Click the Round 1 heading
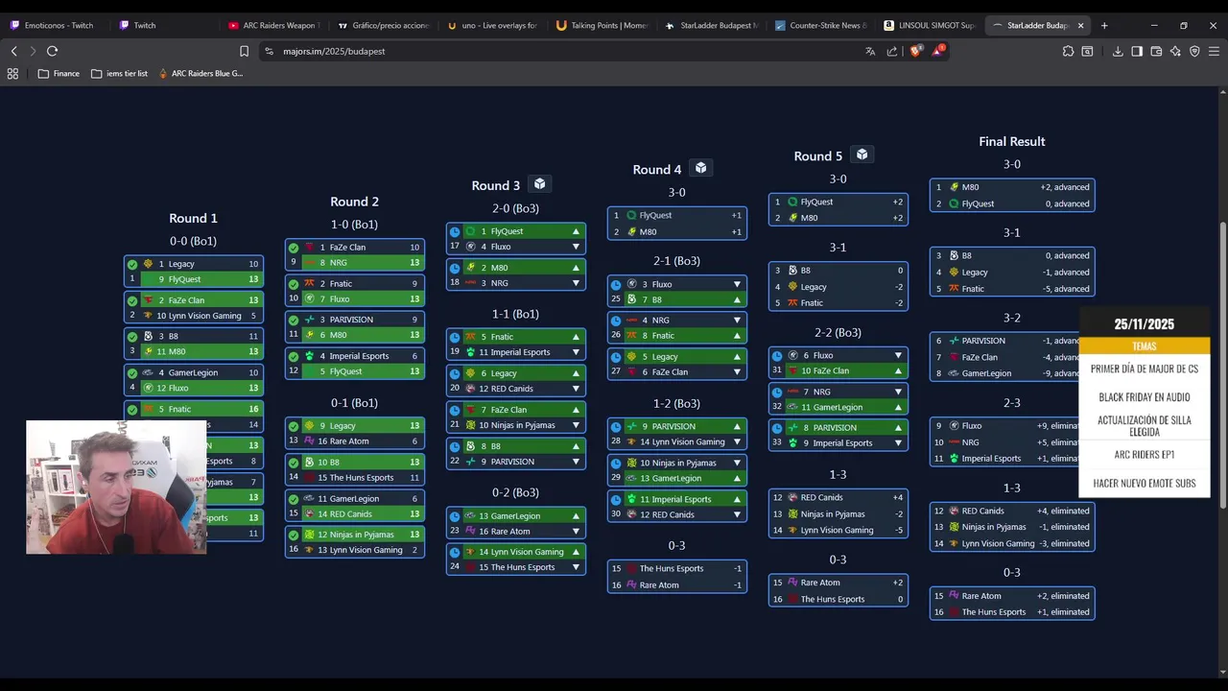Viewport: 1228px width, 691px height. [193, 218]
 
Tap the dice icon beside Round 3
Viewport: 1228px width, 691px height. [540, 184]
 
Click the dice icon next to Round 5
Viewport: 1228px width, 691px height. [862, 155]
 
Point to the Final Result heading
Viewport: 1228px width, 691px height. [1011, 141]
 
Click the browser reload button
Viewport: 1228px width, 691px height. [52, 51]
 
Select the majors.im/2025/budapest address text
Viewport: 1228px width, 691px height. [334, 51]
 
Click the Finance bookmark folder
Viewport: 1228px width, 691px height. [59, 73]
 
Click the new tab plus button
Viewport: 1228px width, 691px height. [1104, 25]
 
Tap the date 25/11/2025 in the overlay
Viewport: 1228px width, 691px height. [1144, 324]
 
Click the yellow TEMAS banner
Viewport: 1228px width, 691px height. [1144, 346]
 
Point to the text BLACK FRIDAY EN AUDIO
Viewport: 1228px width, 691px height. [1144, 397]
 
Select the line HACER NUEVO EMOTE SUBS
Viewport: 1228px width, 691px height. [1144, 484]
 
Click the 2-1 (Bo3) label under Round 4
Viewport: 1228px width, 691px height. [676, 261]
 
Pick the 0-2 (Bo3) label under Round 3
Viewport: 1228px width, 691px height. [515, 492]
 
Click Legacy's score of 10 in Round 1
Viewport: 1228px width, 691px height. [253, 264]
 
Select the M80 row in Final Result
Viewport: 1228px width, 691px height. [1011, 187]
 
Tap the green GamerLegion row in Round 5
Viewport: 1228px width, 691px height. [838, 407]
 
